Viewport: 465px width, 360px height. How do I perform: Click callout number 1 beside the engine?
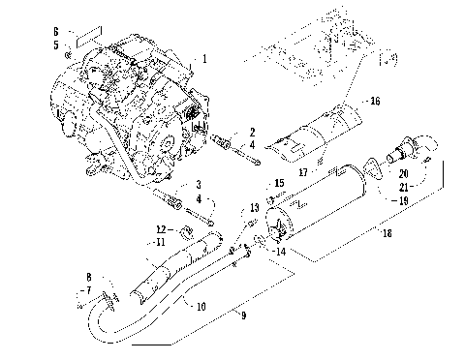pyautogui.click(x=204, y=60)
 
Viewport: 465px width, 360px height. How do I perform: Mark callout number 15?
pyautogui.click(x=280, y=182)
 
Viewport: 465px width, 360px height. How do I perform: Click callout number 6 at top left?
pyautogui.click(x=56, y=31)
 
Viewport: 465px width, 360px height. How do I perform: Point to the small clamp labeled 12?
pyautogui.click(x=182, y=232)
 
